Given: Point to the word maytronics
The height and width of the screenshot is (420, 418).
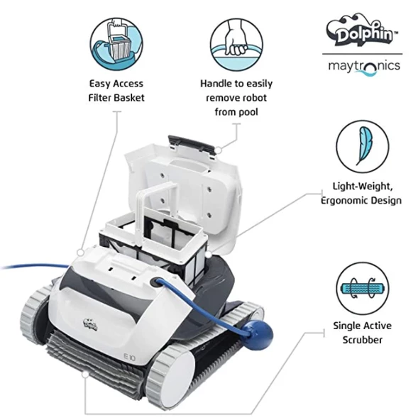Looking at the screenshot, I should pos(363,66).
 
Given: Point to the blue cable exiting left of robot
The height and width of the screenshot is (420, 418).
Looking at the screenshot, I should pos(28,267).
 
